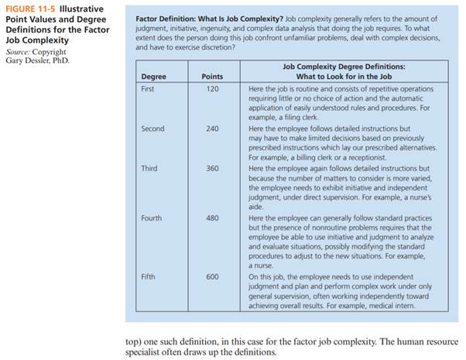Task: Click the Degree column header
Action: click(155, 76)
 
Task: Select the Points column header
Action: click(211, 76)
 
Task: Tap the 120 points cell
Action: click(212, 88)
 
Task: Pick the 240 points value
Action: click(212, 129)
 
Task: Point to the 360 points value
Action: click(212, 168)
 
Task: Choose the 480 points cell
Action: click(212, 218)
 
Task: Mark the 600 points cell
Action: click(212, 276)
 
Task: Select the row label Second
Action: click(152, 129)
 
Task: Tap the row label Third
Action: click(149, 168)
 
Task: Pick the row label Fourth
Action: click(152, 218)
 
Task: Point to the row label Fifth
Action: click(149, 276)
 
